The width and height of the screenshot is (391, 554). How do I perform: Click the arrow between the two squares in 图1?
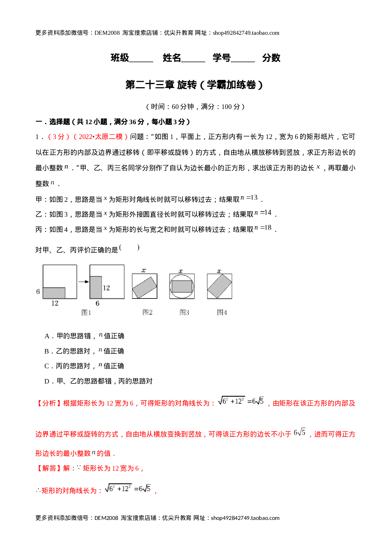[84, 282]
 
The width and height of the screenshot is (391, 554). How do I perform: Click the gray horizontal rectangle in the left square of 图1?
[54, 293]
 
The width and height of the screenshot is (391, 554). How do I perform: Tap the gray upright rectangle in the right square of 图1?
[96, 287]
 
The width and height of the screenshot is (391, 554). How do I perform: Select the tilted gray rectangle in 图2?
[145, 287]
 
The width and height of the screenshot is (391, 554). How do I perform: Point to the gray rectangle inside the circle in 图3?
[182, 286]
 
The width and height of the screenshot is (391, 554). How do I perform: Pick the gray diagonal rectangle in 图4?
[219, 286]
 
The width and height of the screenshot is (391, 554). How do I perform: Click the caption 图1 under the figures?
[86, 313]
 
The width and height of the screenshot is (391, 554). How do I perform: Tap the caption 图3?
[184, 312]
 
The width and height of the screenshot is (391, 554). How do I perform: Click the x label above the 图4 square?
[219, 271]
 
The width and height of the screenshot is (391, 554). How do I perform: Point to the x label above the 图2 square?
[144, 270]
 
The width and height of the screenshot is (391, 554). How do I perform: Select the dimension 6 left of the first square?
[38, 292]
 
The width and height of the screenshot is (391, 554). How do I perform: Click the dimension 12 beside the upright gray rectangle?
[106, 288]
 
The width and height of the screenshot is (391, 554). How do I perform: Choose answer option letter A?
[47, 336]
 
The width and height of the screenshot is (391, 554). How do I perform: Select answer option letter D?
[47, 381]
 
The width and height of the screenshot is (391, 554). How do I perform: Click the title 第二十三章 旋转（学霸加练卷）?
[194, 85]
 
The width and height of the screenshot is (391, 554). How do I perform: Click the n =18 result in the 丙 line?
[263, 228]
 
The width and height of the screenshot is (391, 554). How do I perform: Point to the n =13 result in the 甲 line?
[249, 198]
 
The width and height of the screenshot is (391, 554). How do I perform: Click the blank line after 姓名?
[193, 62]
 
